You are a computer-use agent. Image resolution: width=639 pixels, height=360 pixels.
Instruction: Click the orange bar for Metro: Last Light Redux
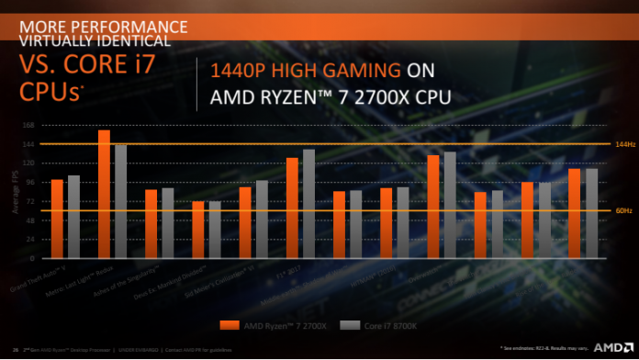pos(105,194)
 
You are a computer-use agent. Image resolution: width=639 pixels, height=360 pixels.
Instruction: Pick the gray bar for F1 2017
pos(308,203)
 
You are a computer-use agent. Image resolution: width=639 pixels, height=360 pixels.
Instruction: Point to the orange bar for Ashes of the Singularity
pos(151,223)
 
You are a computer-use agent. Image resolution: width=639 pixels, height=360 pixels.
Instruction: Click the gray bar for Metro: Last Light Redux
pos(121,201)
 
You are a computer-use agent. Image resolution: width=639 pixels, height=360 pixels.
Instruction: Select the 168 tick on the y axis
pos(28,126)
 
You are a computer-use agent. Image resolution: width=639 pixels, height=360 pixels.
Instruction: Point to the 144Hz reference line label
pos(624,145)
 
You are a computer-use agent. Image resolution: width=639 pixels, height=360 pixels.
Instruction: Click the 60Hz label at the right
pos(624,211)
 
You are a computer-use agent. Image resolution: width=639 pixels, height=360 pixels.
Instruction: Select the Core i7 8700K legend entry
pos(367,324)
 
